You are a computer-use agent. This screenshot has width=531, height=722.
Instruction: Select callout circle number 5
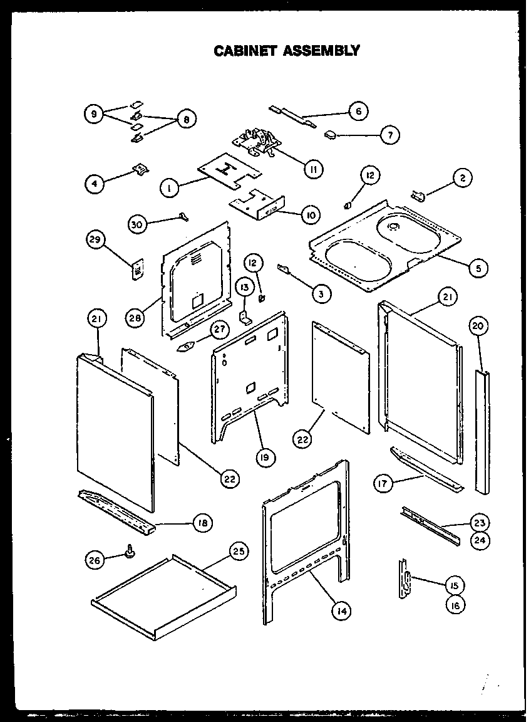[478, 268]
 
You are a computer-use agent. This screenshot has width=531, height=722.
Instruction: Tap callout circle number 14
[340, 610]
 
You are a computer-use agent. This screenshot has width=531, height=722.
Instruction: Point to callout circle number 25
[238, 552]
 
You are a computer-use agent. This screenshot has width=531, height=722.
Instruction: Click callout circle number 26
[95, 560]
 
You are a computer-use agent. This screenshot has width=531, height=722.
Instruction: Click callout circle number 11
[312, 167]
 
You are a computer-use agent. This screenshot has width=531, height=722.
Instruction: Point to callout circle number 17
[383, 483]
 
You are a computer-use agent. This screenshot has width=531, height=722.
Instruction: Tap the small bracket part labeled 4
[141, 168]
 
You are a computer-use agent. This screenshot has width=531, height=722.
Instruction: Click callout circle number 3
[322, 293]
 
